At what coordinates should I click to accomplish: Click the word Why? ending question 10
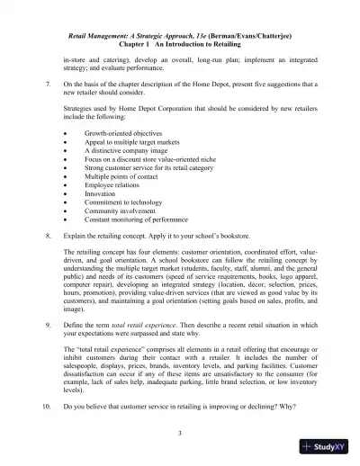coord(283,407)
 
